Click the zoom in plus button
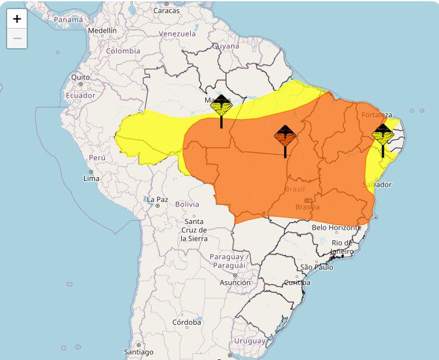[x=17, y=19]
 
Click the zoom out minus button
[x=17, y=38]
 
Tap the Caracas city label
[x=166, y=11]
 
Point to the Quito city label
[x=80, y=77]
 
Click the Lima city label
[x=91, y=178]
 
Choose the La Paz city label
[x=158, y=199]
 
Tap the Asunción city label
[x=234, y=283]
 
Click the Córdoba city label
[x=187, y=322]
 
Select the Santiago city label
[x=139, y=352]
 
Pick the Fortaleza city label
[x=377, y=115]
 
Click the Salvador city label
[x=377, y=185]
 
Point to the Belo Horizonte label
[x=336, y=227]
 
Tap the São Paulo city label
[x=317, y=267]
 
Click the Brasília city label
[x=307, y=207]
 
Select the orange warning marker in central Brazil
[x=285, y=137]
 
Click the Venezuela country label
[x=177, y=33]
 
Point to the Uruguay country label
[x=250, y=340]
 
